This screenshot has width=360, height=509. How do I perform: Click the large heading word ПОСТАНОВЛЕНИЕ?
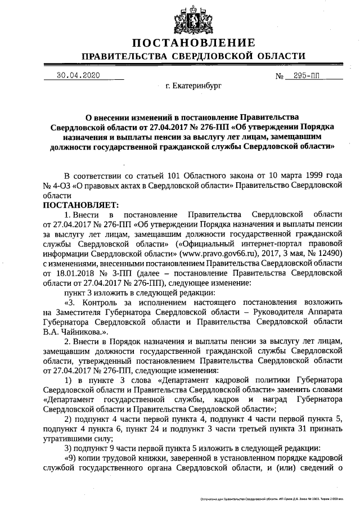point(193,43)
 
